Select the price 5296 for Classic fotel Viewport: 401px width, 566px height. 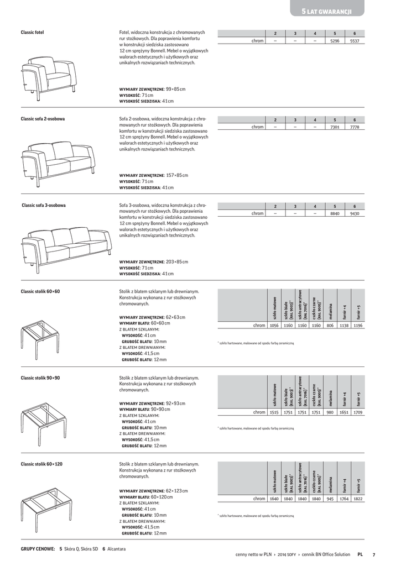pyautogui.click(x=335, y=41)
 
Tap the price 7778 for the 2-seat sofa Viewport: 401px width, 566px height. pyautogui.click(x=355, y=127)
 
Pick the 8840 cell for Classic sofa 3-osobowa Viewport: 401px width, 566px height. pyautogui.click(x=335, y=213)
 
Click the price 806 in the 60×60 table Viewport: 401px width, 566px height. pyautogui.click(x=330, y=326)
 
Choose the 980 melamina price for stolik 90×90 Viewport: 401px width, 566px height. pyautogui.click(x=330, y=412)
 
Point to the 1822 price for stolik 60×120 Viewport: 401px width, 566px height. pyautogui.click(x=358, y=498)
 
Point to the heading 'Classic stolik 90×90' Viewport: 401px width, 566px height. pyautogui.click(x=40, y=378)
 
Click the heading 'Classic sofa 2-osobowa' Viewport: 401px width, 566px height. pyautogui.click(x=43, y=119)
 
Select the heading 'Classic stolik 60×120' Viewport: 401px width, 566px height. pyautogui.click(x=41, y=464)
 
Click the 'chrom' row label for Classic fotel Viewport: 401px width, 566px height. pyautogui.click(x=257, y=41)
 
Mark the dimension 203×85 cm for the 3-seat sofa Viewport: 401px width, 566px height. pyautogui.click(x=176, y=261)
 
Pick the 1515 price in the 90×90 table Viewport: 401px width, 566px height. pyautogui.click(x=273, y=412)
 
